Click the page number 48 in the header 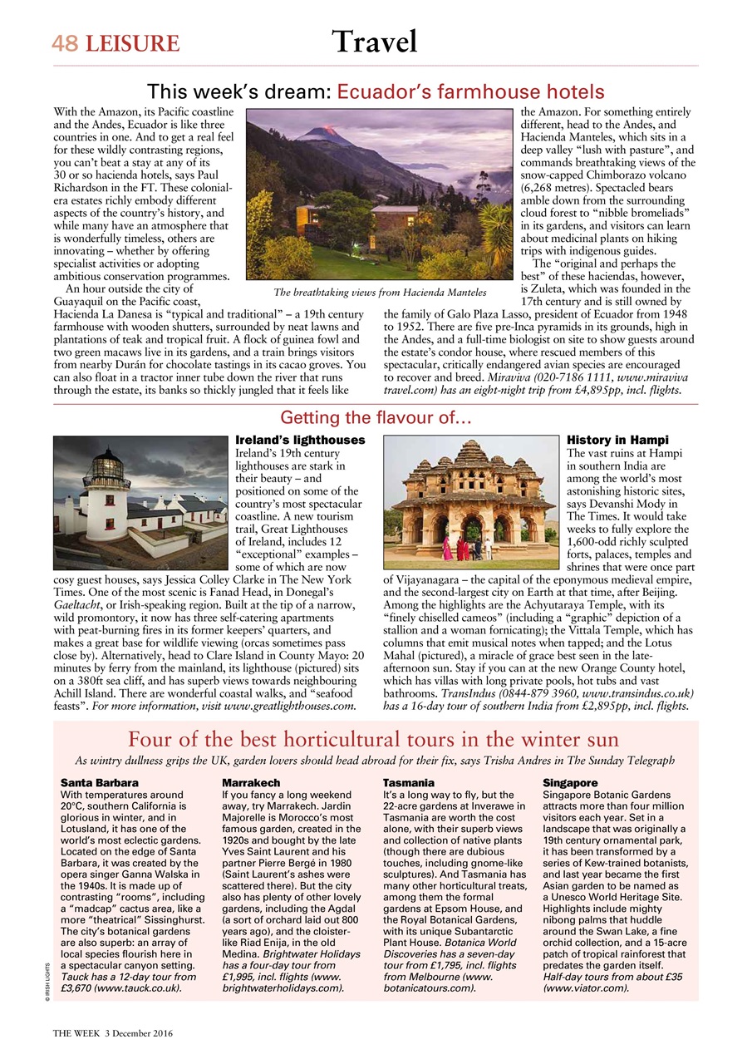click(65, 43)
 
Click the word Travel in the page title click(374, 40)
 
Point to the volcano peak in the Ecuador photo click(325, 131)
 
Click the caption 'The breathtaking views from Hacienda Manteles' click(380, 293)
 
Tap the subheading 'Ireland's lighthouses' click(300, 439)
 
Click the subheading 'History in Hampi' click(617, 439)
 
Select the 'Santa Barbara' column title click(100, 783)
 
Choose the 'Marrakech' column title click(251, 783)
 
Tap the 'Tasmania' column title click(408, 783)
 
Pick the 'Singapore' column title click(570, 783)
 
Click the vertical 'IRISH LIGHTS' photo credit click(48, 978)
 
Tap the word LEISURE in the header click(130, 43)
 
